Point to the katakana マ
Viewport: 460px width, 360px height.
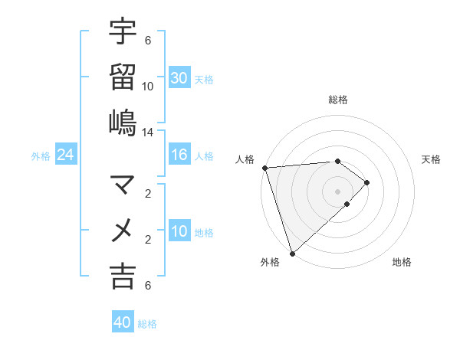coord(123,185)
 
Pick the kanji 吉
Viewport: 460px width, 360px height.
coord(123,276)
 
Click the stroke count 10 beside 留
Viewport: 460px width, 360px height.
coord(148,87)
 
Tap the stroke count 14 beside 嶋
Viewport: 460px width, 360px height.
coord(148,133)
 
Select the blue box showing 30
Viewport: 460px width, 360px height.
coord(179,77)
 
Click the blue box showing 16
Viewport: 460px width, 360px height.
coord(179,155)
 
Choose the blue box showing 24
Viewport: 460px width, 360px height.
coord(66,155)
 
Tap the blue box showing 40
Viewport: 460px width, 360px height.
coord(123,322)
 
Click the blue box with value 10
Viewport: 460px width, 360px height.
coord(179,231)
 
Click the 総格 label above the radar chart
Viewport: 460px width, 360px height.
coord(337,100)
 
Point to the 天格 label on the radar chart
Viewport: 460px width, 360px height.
coord(431,159)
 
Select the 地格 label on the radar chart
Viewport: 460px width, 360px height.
coord(402,262)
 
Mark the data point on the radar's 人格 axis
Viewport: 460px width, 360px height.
coord(264,168)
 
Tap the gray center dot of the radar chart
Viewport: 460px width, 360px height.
coord(337,191)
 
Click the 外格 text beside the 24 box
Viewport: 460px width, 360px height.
coord(41,155)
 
